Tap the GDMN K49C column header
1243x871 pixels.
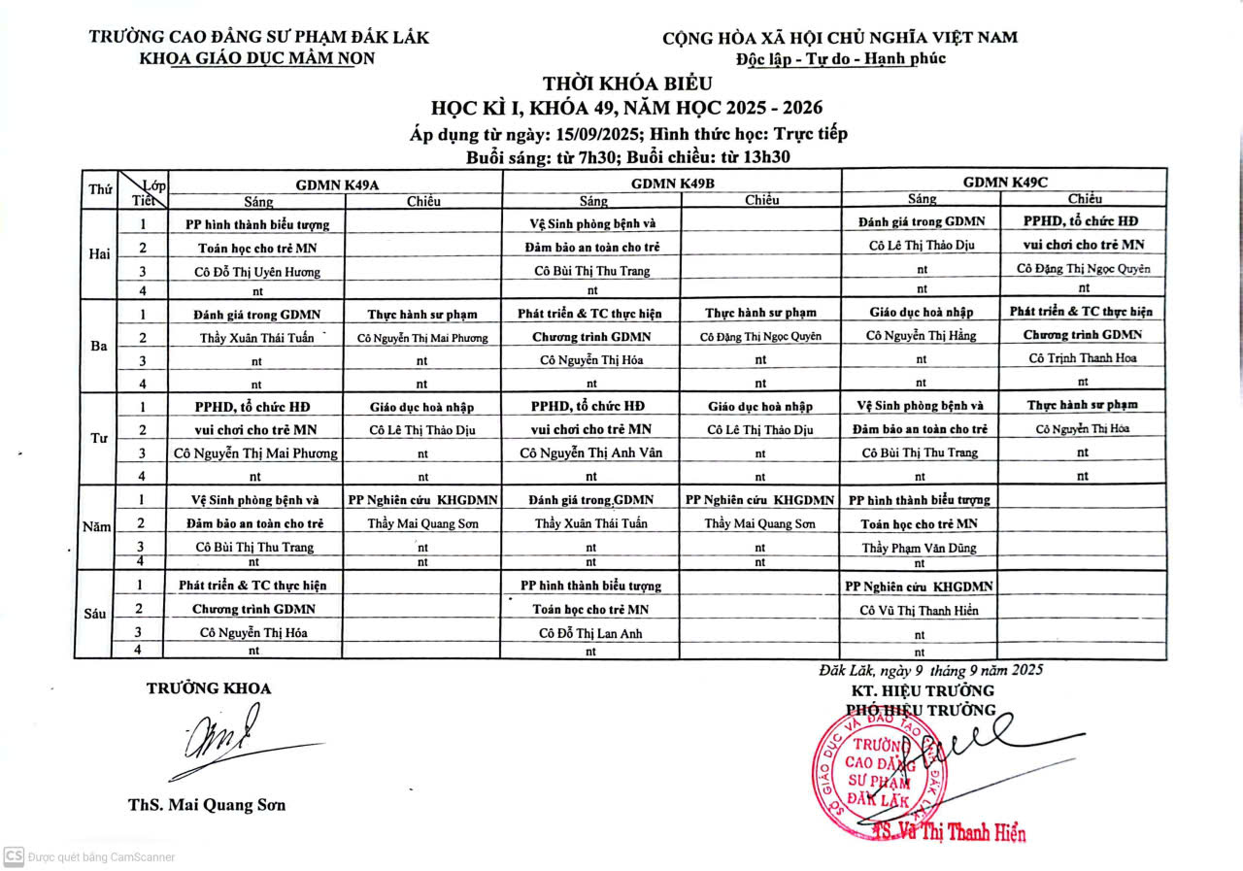click(x=1005, y=182)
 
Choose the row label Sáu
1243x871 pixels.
click(x=95, y=614)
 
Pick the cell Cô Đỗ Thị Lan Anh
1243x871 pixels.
click(x=591, y=633)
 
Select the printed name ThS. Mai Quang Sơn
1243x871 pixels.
click(x=207, y=805)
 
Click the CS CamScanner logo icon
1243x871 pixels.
click(x=14, y=856)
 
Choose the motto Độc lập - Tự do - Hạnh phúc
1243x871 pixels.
click(x=840, y=58)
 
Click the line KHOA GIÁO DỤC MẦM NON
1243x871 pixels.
click(x=257, y=57)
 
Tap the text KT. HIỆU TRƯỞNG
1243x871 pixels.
click(x=922, y=690)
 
